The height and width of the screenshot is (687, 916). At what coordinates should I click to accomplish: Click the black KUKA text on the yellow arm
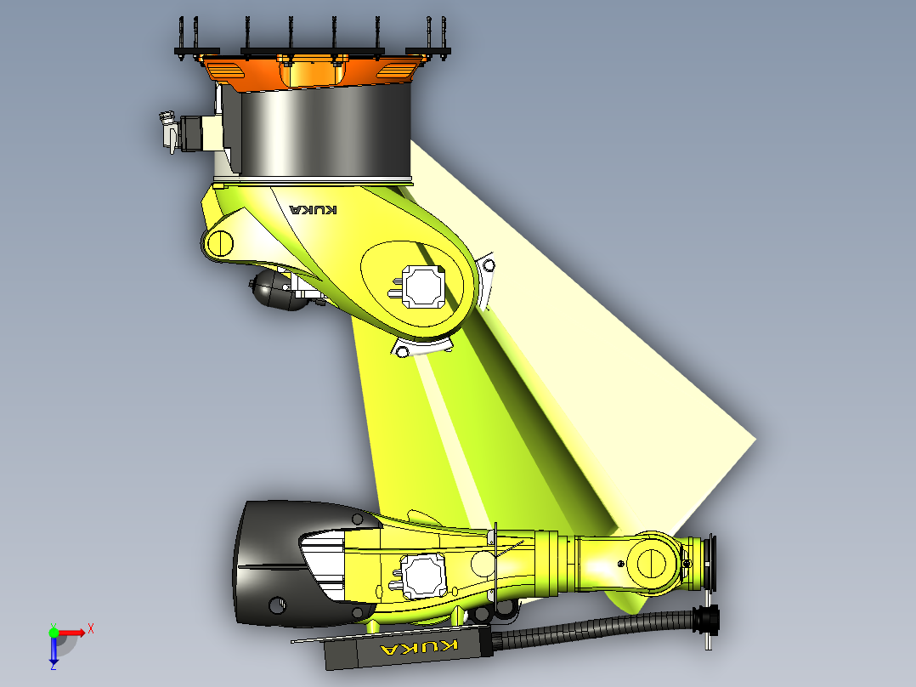313,209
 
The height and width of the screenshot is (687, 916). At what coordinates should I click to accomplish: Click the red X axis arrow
73,633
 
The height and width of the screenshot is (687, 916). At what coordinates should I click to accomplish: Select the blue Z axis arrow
54,650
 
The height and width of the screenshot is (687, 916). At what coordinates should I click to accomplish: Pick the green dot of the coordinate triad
54,633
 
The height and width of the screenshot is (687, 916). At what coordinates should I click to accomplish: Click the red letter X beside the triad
90,628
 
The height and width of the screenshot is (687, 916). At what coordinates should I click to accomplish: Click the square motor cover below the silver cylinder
423,286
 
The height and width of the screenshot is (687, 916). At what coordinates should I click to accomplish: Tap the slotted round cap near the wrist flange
652,562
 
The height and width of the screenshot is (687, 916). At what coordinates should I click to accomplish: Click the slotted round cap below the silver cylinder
220,243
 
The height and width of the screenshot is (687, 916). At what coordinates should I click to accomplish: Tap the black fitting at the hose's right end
706,620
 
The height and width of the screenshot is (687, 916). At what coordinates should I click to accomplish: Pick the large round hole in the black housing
276,605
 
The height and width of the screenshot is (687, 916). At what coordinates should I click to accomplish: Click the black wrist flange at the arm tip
707,562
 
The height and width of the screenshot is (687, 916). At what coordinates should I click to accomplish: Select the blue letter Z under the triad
53,667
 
